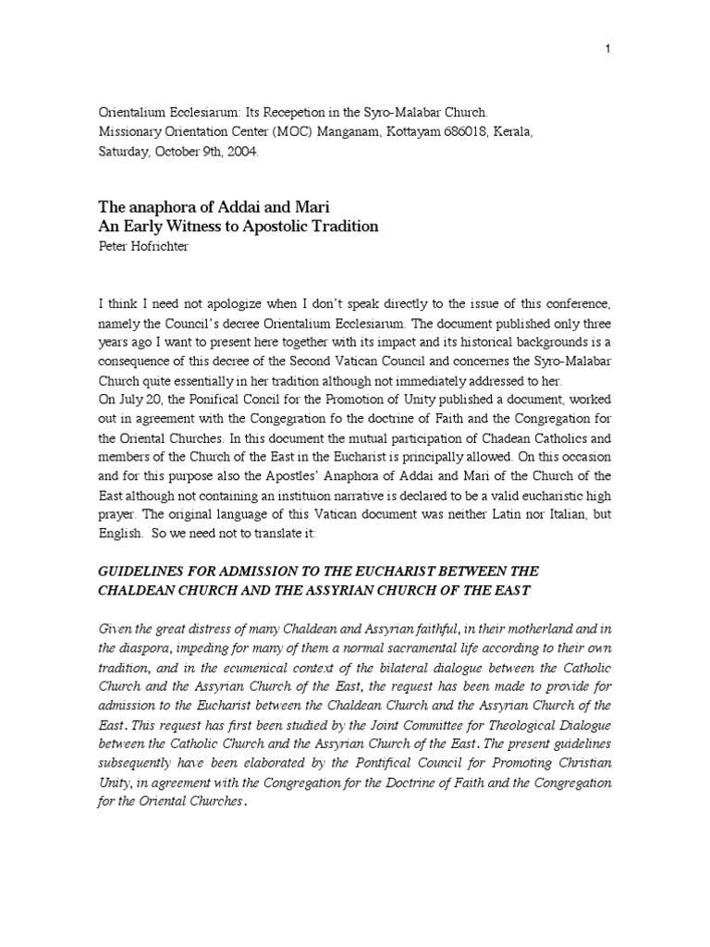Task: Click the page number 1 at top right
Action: click(x=607, y=49)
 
